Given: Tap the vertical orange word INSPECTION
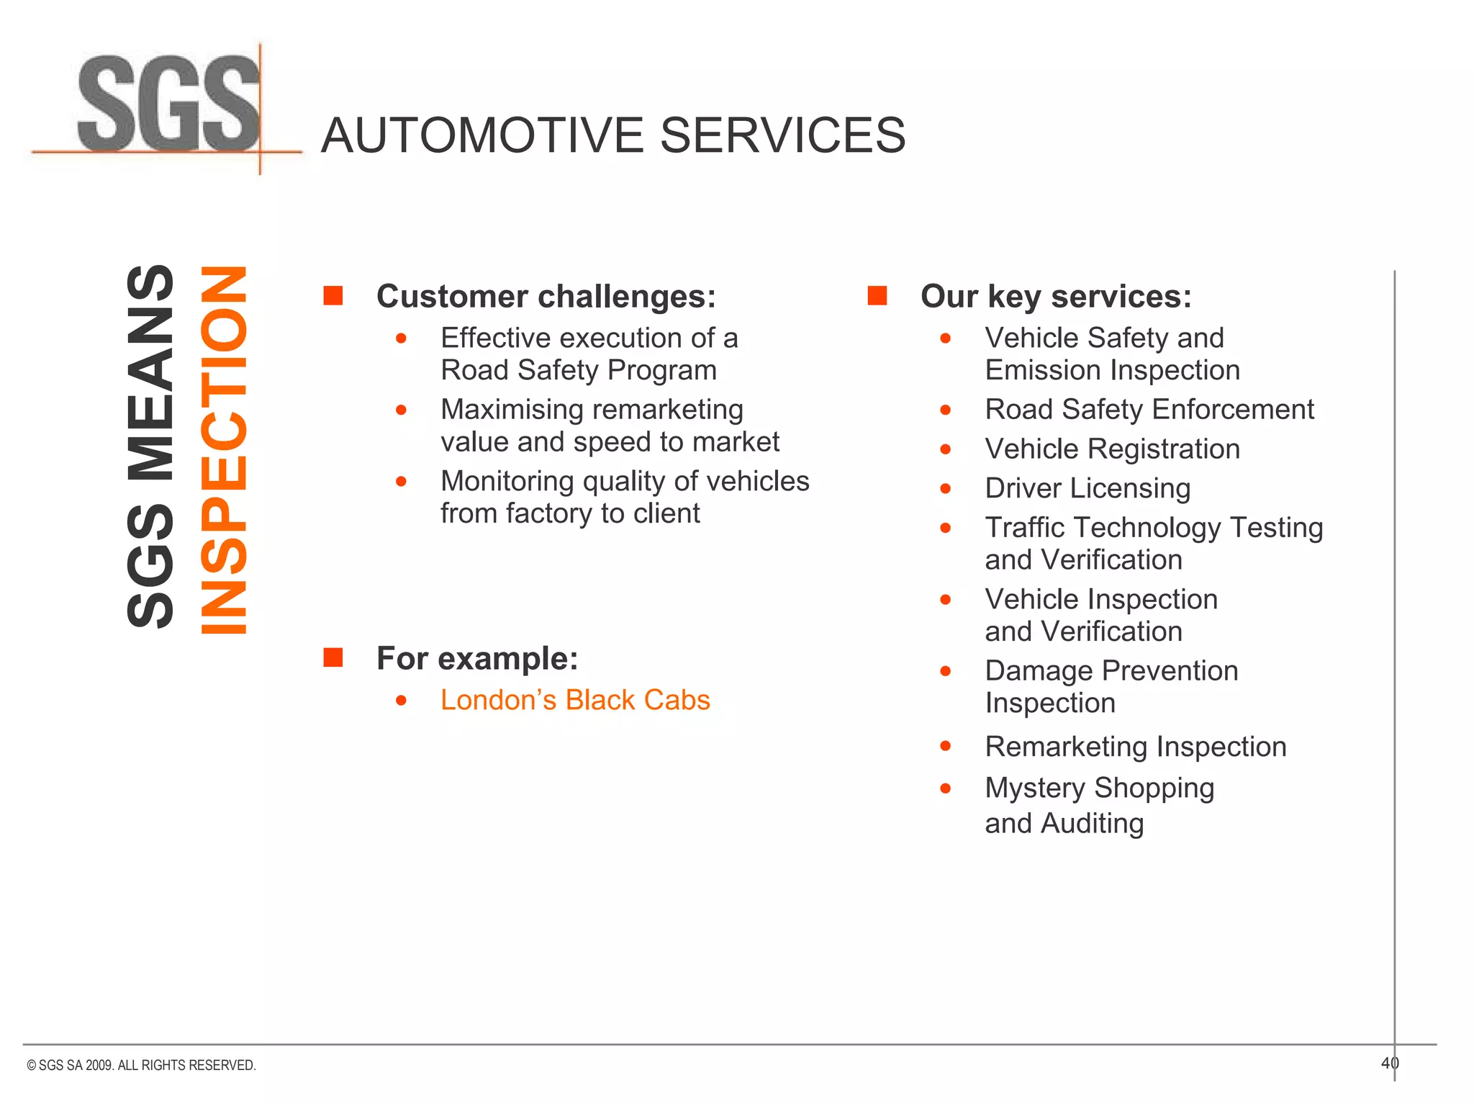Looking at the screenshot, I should [x=224, y=450].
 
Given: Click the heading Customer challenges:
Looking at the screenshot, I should [x=546, y=296].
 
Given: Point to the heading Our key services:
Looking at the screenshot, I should [x=1056, y=296].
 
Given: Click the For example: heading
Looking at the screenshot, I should [x=477, y=658].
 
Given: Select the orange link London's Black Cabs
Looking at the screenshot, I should [x=575, y=700].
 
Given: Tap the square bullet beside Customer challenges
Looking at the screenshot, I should [x=333, y=295].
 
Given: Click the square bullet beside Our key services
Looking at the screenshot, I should [x=877, y=295].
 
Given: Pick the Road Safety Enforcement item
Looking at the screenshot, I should [x=1149, y=410].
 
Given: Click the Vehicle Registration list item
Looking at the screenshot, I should [x=1112, y=449].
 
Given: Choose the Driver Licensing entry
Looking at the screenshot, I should [x=1088, y=488].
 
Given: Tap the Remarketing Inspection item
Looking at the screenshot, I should [x=1135, y=747].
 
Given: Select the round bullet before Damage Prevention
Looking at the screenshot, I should [x=946, y=671].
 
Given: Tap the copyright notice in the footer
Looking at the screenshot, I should [x=141, y=1065].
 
